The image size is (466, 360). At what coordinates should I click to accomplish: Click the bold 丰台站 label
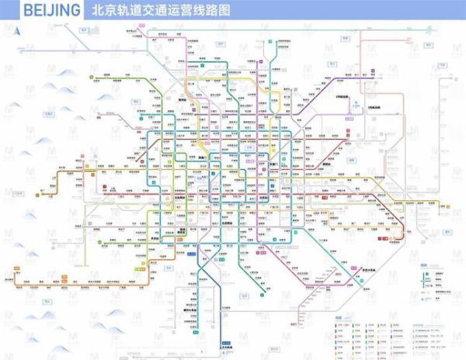click(x=184, y=231)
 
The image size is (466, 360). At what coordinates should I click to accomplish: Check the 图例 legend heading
click(x=423, y=265)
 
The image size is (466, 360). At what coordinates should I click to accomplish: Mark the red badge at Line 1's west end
click(x=106, y=188)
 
